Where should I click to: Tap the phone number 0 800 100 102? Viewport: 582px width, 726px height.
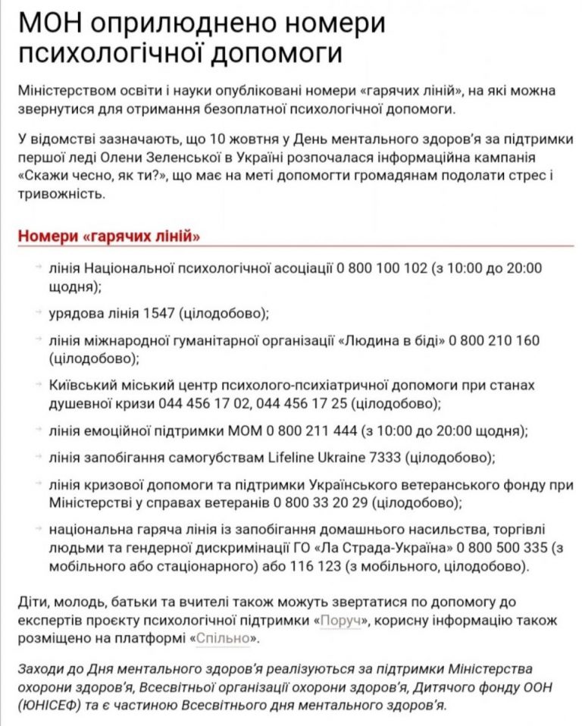click(x=382, y=268)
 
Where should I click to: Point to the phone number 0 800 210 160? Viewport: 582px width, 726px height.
click(x=494, y=340)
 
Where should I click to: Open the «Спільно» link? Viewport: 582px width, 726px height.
click(x=223, y=639)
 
